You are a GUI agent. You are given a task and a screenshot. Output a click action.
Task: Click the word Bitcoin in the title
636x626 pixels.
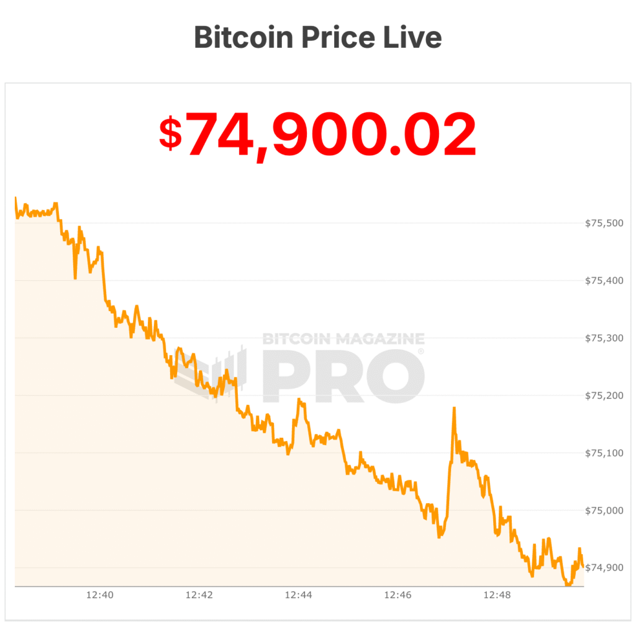243,38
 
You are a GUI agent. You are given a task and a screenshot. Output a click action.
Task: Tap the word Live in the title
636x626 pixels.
413,38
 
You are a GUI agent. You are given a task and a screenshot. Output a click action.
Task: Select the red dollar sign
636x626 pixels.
170,134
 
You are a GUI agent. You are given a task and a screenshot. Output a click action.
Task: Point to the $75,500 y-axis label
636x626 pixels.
604,224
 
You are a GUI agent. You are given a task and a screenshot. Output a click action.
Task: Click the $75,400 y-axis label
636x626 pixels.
604,281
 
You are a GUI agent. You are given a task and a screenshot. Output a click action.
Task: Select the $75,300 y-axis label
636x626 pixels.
604,338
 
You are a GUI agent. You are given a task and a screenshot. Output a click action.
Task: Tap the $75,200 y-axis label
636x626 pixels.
604,396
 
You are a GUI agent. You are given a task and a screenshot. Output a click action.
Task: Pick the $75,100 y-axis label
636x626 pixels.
604,453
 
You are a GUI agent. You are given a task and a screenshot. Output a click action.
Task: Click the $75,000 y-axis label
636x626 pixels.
604,510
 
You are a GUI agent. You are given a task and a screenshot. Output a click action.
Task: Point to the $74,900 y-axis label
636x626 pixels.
604,568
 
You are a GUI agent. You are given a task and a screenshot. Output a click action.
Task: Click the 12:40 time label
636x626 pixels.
99,595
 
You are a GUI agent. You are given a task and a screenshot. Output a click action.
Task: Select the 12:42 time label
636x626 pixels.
199,595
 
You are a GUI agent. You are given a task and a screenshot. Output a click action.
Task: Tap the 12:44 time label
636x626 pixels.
298,595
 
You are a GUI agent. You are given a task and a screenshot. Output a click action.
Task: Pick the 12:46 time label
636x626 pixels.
397,595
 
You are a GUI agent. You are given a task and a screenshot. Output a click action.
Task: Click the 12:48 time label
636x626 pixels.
497,595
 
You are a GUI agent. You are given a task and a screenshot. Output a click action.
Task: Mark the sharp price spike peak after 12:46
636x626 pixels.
454,408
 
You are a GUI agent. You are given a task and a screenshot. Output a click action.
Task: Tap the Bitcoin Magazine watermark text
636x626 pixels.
343,339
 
